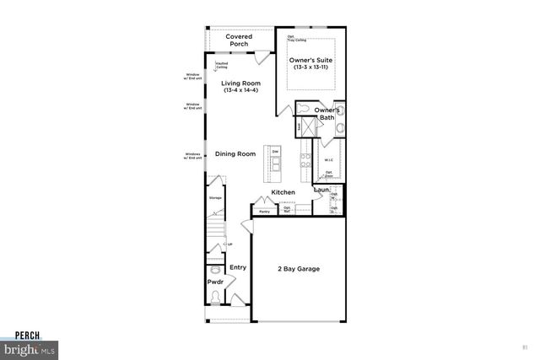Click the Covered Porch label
coord(240,40)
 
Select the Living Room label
coord(240,83)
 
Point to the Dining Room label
coord(235,154)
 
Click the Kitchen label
coord(283,193)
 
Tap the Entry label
coord(238,267)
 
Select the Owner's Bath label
coord(327,115)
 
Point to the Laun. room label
coord(321,191)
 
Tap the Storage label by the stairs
coord(216,198)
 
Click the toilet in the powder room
coord(216,296)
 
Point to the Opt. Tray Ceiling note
coord(297,38)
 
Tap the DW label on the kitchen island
coord(275,152)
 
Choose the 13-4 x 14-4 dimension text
coord(240,90)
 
